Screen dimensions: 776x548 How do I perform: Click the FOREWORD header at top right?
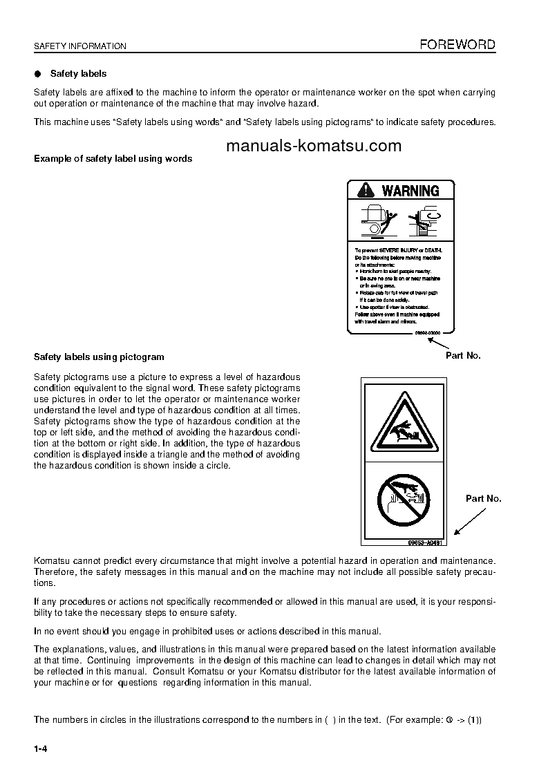[458, 45]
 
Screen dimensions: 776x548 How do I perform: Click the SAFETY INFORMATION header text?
[80, 46]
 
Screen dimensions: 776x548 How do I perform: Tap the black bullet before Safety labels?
[38, 73]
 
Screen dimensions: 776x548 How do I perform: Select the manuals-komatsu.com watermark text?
[313, 146]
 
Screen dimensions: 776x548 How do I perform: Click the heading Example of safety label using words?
[113, 158]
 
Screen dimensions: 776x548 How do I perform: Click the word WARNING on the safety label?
[410, 191]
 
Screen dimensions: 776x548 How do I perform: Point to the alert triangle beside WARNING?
[365, 191]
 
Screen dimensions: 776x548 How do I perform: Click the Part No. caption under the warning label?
[462, 355]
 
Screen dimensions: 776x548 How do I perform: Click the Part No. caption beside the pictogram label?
[483, 498]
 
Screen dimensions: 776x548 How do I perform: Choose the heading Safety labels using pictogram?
[99, 357]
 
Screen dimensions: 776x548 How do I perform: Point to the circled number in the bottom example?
[449, 720]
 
